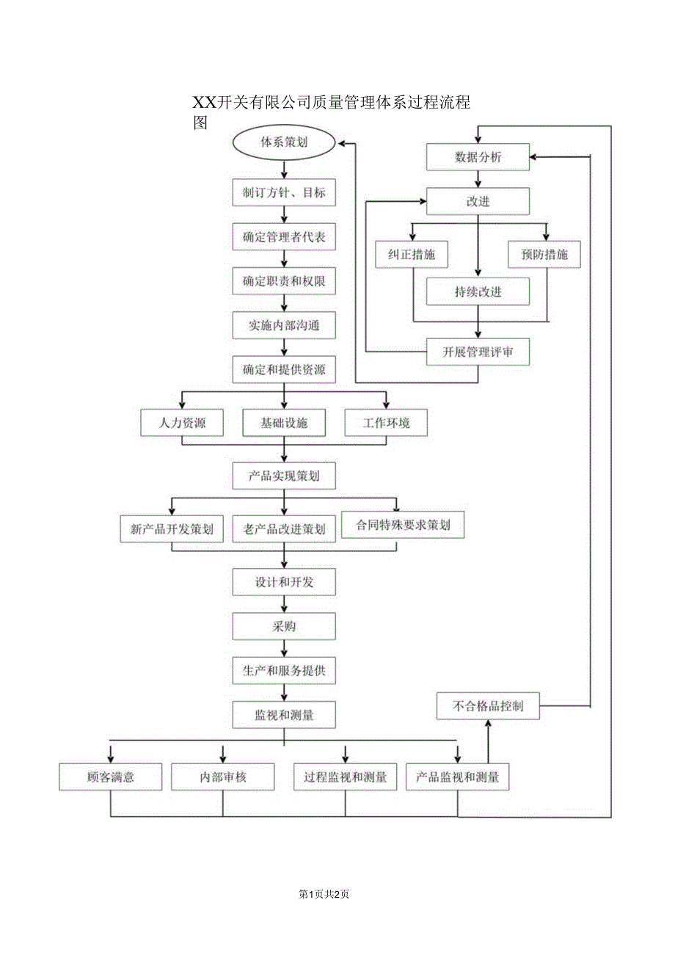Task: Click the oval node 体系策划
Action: coord(284,143)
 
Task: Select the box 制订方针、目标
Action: coord(284,193)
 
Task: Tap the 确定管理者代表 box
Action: coord(284,238)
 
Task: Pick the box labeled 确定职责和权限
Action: coord(284,281)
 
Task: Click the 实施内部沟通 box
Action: coord(284,325)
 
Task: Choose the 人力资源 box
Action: coord(182,423)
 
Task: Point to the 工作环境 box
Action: coord(386,423)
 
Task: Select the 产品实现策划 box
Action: coord(284,476)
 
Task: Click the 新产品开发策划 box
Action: coord(172,529)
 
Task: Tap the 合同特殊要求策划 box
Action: coord(403,526)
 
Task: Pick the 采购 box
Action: coord(284,627)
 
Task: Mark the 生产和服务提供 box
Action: coord(284,670)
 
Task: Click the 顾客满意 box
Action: coord(110,777)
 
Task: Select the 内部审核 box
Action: coord(223,777)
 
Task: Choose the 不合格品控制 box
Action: coord(488,707)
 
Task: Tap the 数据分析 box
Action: coord(478,157)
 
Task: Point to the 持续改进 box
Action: coord(478,291)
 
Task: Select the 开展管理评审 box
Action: coord(478,352)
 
